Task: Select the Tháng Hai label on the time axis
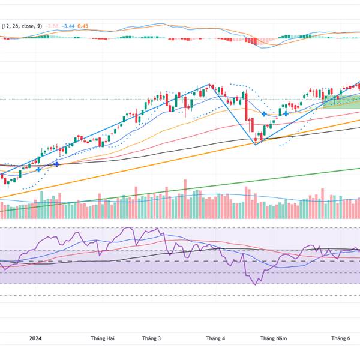[x=102, y=338]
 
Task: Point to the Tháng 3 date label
[x=151, y=338]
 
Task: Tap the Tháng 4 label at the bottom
[x=215, y=338]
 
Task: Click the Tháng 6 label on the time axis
[x=341, y=338]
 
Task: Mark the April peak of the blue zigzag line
[x=209, y=85]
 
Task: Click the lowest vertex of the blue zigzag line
[x=256, y=144]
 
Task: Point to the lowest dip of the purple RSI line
[x=256, y=284]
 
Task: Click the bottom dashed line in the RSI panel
[x=180, y=295]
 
